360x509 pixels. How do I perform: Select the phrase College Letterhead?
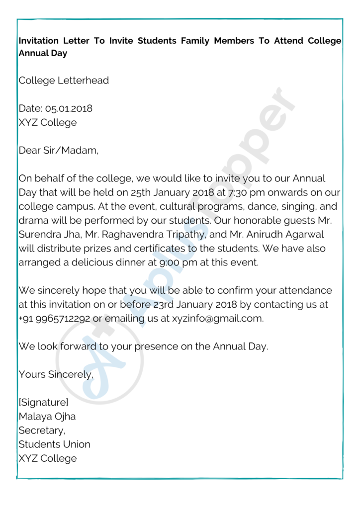click(64, 81)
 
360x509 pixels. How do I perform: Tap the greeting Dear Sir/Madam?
click(58, 150)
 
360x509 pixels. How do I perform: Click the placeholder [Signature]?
click(43, 403)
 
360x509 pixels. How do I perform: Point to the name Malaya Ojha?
click(47, 417)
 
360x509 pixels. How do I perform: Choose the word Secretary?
click(42, 430)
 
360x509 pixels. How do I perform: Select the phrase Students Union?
click(55, 444)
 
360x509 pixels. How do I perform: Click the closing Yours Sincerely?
click(56, 375)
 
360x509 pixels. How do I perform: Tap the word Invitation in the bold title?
click(39, 41)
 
